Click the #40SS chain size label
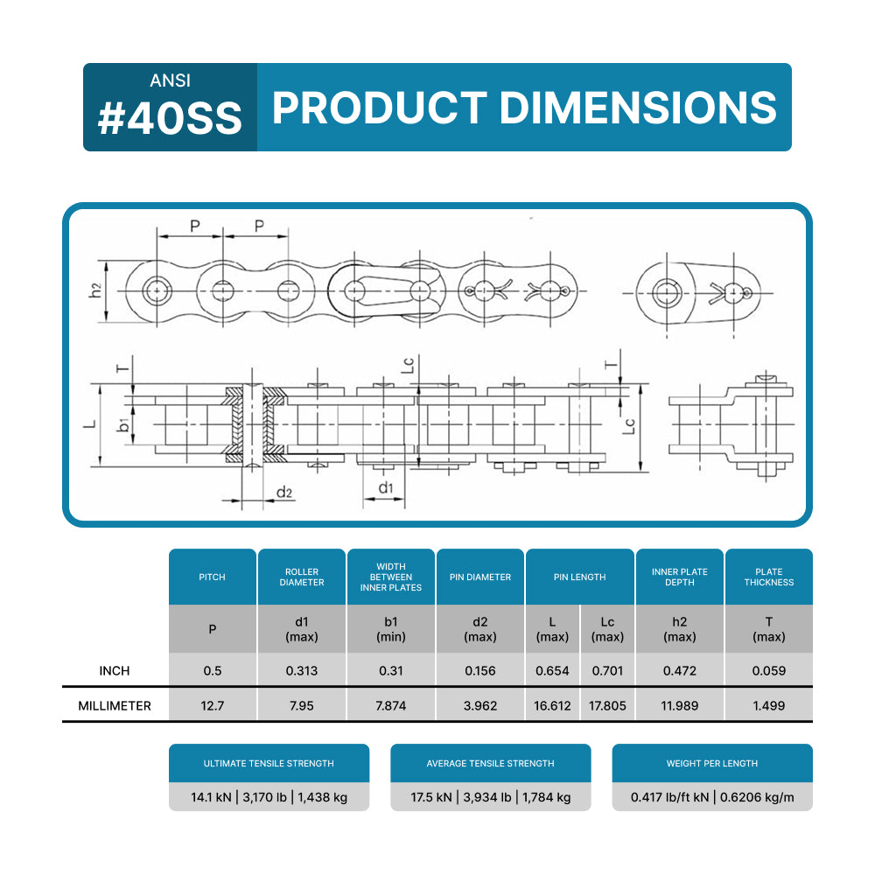click(x=170, y=119)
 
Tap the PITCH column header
click(x=212, y=577)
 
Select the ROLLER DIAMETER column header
click(x=302, y=577)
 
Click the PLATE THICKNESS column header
click(x=769, y=577)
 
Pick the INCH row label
click(x=115, y=670)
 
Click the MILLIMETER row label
click(x=115, y=705)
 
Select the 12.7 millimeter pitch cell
click(x=212, y=705)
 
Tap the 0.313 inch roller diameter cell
click(x=302, y=671)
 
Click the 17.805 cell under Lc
click(x=608, y=705)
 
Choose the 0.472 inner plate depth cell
click(x=680, y=671)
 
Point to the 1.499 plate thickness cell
click(x=769, y=705)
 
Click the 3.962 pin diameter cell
click(x=480, y=705)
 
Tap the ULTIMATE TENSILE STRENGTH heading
click(x=269, y=763)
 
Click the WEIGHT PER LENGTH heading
click(x=712, y=763)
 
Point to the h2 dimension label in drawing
click(x=96, y=290)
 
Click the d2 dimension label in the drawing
click(x=284, y=493)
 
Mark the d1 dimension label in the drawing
click(x=385, y=486)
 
